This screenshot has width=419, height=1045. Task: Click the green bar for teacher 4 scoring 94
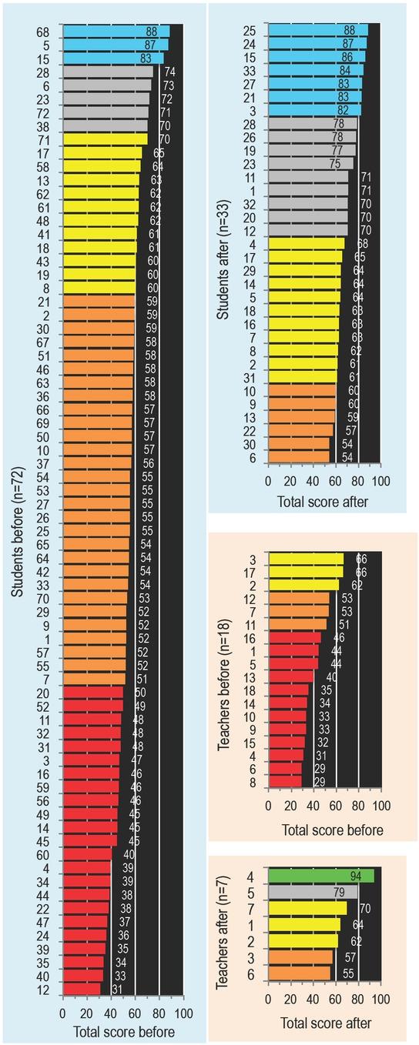coord(320,876)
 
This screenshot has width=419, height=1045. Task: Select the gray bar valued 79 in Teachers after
coord(312,892)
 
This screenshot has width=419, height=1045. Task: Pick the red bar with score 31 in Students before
coord(81,988)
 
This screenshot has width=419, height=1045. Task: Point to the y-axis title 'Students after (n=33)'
coord(223,247)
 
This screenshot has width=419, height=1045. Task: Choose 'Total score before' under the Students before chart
coord(123,1032)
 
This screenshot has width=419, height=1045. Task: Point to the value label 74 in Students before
coord(169,72)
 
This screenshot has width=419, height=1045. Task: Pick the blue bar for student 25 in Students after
coord(317,30)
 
